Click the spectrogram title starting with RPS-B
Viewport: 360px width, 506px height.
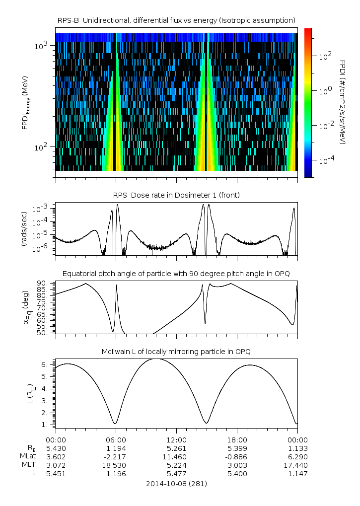pyautogui.click(x=177, y=20)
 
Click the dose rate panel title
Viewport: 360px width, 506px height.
pyautogui.click(x=176, y=195)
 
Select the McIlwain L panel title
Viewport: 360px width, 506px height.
pyautogui.click(x=176, y=352)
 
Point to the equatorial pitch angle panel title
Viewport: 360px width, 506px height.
pyautogui.click(x=176, y=274)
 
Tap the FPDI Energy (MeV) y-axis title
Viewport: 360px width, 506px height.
pyautogui.click(x=26, y=102)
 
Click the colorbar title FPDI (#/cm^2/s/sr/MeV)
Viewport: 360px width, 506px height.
pyautogui.click(x=343, y=102)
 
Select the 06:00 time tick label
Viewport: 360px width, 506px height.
pyautogui.click(x=116, y=440)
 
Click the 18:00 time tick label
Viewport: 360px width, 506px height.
pyautogui.click(x=237, y=440)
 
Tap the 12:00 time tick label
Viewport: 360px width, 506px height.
pyautogui.click(x=176, y=440)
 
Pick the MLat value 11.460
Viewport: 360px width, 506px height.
pyautogui.click(x=176, y=456)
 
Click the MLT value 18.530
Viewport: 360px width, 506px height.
pyautogui.click(x=116, y=465)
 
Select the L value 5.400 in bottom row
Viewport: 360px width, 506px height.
pyautogui.click(x=237, y=474)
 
